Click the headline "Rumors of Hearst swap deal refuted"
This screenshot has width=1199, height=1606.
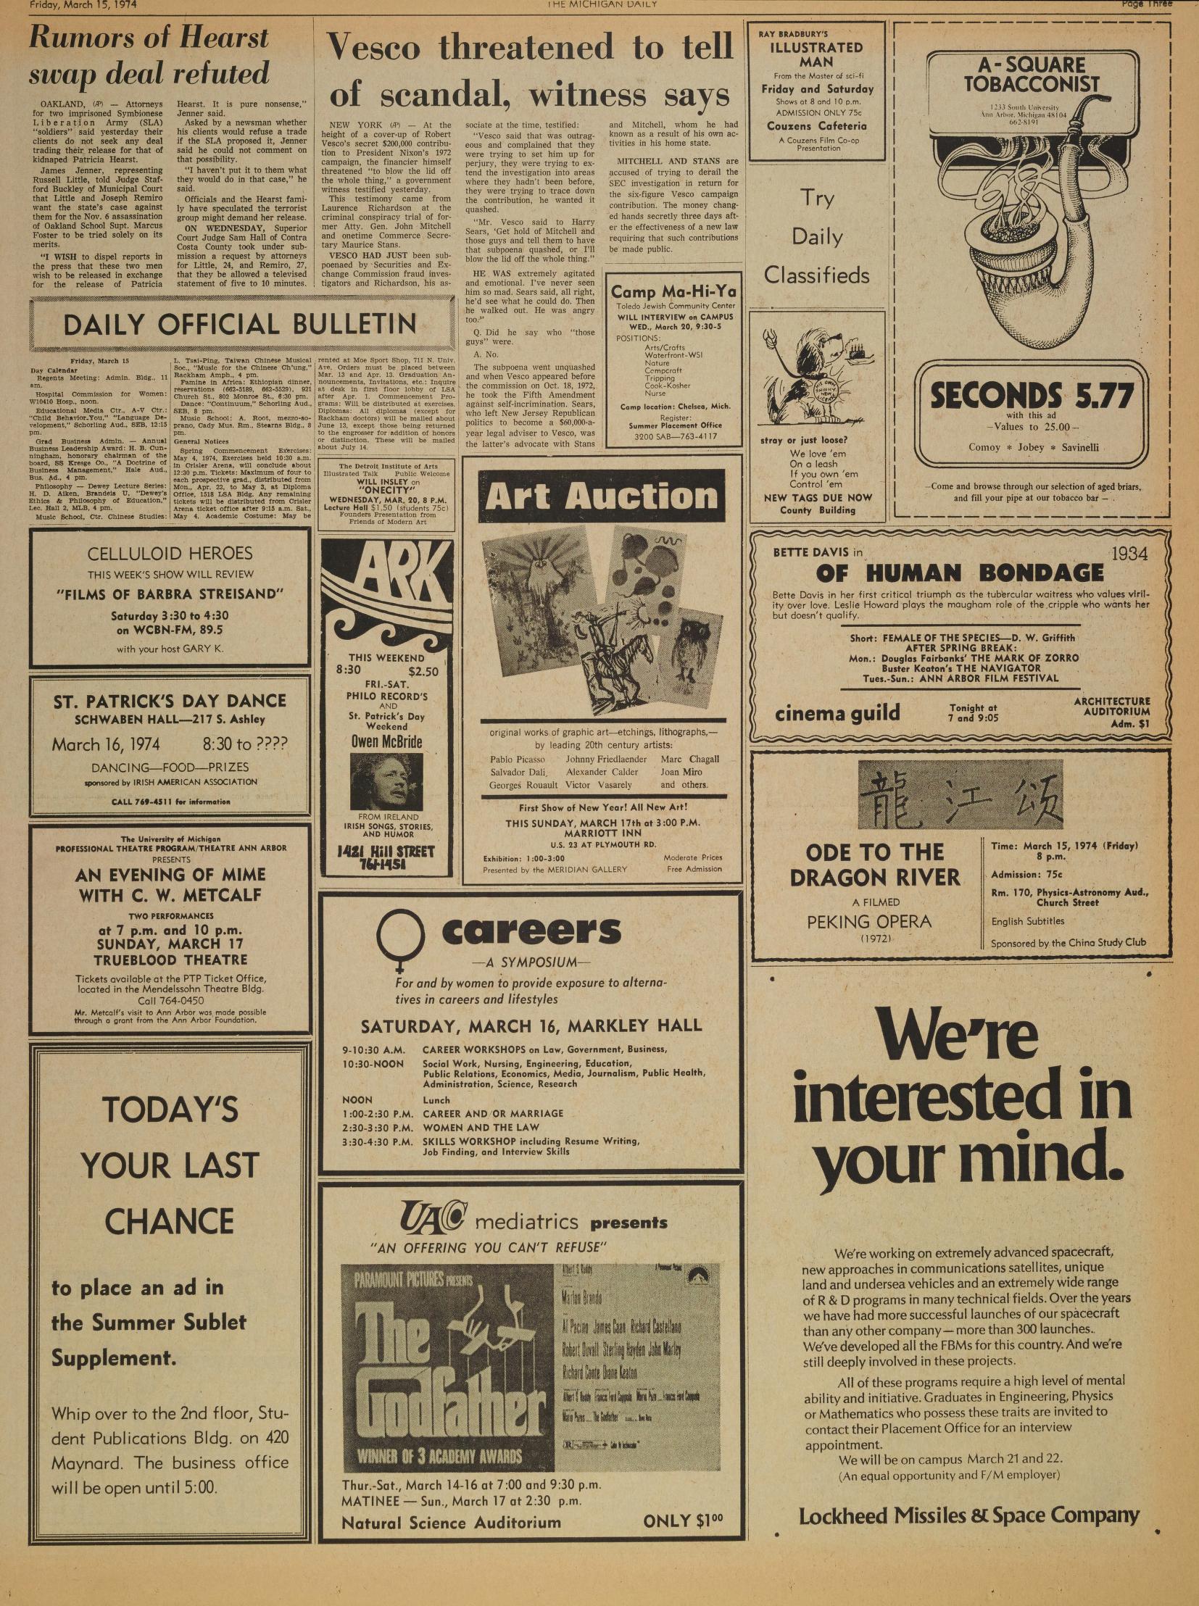pyautogui.click(x=149, y=56)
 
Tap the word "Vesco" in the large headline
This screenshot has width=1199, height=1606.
pyautogui.click(x=374, y=49)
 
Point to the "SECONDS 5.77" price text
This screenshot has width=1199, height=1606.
pyautogui.click(x=1032, y=396)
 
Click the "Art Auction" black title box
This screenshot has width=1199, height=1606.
pyautogui.click(x=601, y=496)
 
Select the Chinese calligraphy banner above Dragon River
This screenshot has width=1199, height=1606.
pyautogui.click(x=960, y=794)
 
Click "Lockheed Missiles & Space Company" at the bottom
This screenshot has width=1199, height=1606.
pyautogui.click(x=968, y=1515)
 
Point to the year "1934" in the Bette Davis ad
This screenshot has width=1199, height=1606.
pyautogui.click(x=1129, y=554)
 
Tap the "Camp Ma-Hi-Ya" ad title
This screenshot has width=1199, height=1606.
pyautogui.click(x=673, y=293)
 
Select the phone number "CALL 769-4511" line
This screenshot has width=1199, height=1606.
pyautogui.click(x=170, y=802)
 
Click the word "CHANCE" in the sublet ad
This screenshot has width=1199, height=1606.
pyautogui.click(x=169, y=1222)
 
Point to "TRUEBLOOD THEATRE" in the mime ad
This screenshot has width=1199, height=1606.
pyautogui.click(x=170, y=960)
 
